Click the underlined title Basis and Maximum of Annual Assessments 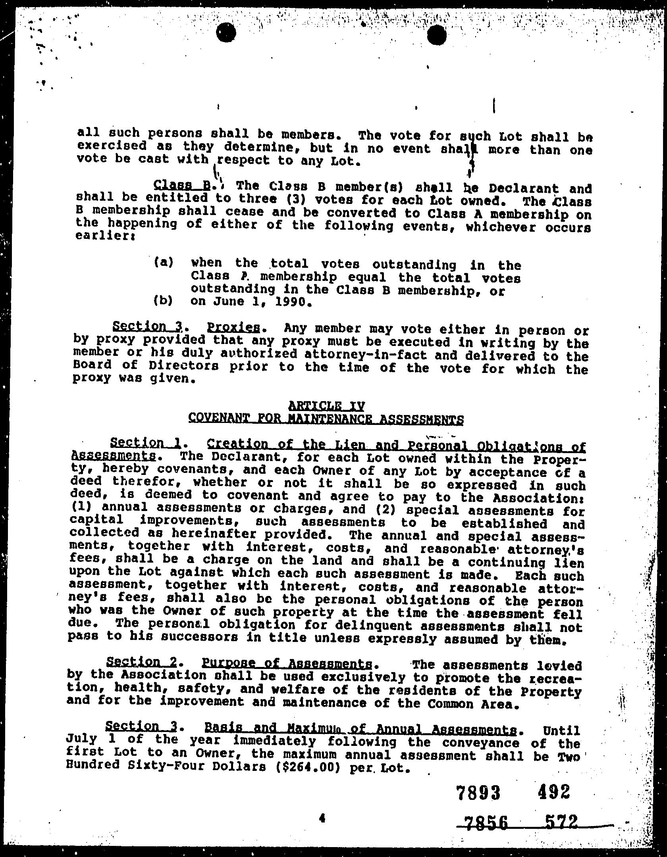[x=361, y=729]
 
